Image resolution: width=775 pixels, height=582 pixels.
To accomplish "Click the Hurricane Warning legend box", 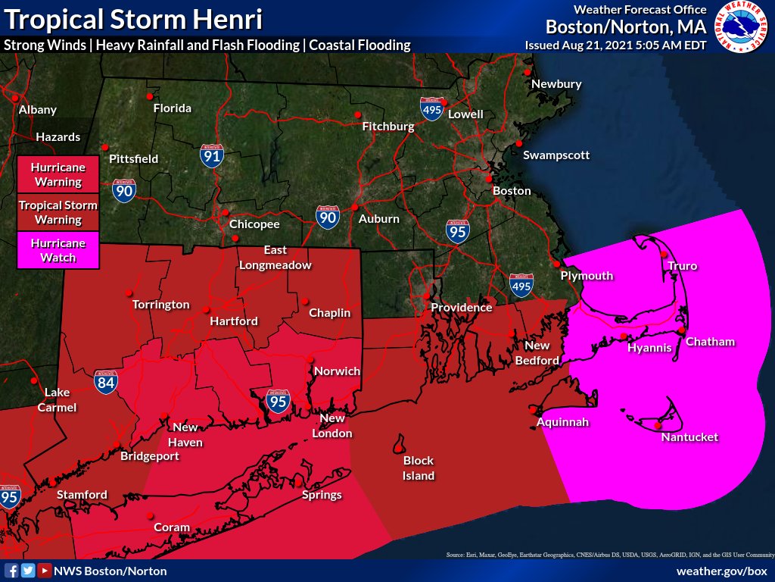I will pos(58,174).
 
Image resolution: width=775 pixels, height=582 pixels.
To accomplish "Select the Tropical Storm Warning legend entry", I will pos(58,212).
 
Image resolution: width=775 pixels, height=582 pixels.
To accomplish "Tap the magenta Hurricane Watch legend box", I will pos(58,250).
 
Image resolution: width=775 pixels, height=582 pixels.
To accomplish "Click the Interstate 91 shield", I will pos(212,155).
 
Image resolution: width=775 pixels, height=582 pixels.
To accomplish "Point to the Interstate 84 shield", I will pos(106,382).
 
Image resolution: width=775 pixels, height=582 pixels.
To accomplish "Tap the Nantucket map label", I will pos(689,437).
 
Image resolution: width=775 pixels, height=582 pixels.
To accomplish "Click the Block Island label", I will pos(418,468).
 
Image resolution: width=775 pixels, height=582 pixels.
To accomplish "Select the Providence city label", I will pos(461,308).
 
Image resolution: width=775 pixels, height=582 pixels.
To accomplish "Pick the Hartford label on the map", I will pos(234,321).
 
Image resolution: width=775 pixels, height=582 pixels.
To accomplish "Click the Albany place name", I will pos(38,110).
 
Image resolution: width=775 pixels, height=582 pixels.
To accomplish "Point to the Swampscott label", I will pos(556,155).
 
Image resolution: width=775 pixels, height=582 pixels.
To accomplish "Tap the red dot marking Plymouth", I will pos(556,264).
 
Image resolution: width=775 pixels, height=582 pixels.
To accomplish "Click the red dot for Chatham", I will pos(682,330).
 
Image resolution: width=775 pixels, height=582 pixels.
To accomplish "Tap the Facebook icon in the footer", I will pos(11,571).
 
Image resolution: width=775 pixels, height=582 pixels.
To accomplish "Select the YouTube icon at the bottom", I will pos(45,571).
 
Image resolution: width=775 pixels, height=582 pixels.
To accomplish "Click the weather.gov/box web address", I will pos(721,571).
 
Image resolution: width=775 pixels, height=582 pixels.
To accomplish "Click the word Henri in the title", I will pos(227,18).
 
